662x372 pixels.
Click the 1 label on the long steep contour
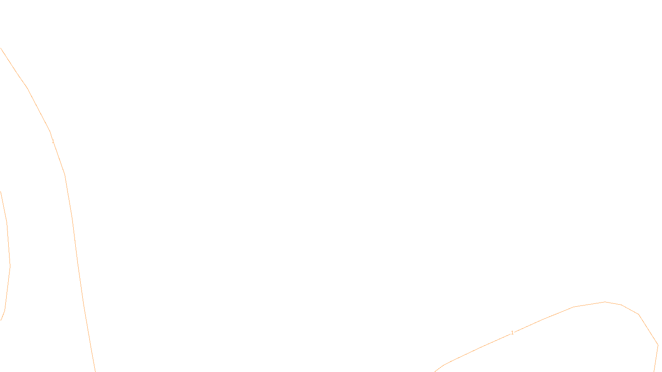click(x=53, y=141)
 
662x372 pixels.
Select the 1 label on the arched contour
click(x=512, y=333)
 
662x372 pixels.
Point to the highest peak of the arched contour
click(x=605, y=302)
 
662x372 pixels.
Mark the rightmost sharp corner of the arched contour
click(x=658, y=345)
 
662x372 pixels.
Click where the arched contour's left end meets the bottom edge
click(x=435, y=371)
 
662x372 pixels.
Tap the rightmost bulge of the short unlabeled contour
click(x=10, y=265)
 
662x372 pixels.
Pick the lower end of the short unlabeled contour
click(x=1, y=320)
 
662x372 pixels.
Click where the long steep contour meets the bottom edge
click(x=95, y=371)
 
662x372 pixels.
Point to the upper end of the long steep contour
click(x=1, y=48)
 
